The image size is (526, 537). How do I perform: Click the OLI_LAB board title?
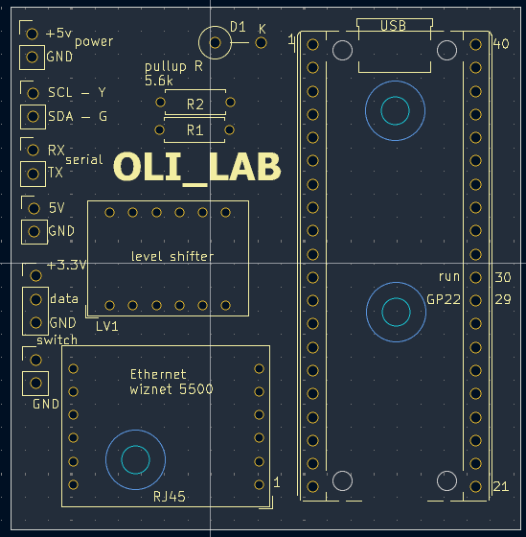[x=197, y=168]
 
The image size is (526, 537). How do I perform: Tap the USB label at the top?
[x=393, y=26]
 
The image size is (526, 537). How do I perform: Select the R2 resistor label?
[x=195, y=105]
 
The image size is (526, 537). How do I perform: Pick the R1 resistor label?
[x=195, y=130]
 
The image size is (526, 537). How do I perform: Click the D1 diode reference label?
[x=238, y=27]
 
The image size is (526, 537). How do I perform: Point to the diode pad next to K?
[x=262, y=43]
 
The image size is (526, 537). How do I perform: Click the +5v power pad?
[x=33, y=34]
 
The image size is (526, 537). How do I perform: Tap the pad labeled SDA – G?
[x=33, y=117]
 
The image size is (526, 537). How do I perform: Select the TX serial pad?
[x=33, y=174]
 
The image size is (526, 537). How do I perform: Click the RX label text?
[x=57, y=150]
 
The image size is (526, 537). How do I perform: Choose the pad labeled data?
[x=35, y=299]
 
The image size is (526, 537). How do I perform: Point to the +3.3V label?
[x=67, y=265]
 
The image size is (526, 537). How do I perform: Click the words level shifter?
[x=172, y=256]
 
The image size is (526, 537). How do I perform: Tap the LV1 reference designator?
[x=107, y=327]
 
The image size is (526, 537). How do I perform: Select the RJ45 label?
[x=169, y=497]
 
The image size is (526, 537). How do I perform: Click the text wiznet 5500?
[x=172, y=389]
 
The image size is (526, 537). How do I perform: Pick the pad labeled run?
[x=475, y=277]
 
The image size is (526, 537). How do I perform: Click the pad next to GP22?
[x=475, y=301]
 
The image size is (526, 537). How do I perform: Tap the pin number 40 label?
[x=501, y=44]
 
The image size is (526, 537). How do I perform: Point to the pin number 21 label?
[x=501, y=486]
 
